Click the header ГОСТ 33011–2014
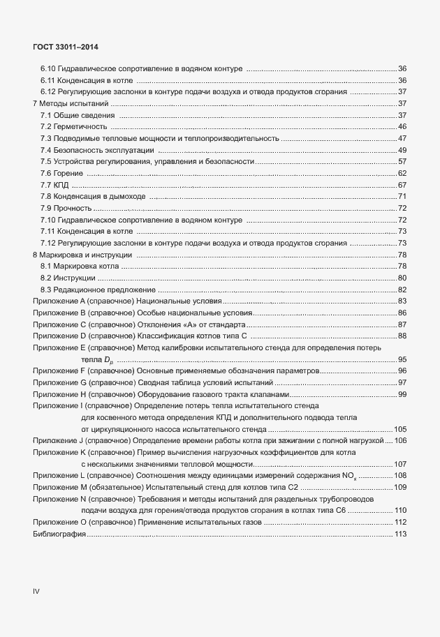[x=65, y=46]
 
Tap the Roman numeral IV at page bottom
[x=36, y=590]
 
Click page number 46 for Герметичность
[x=402, y=126]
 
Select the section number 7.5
[x=46, y=161]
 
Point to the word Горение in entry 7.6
[x=70, y=173]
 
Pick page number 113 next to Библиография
[x=400, y=534]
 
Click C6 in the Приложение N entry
[x=340, y=510]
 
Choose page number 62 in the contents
[x=402, y=173]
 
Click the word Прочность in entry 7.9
[x=73, y=208]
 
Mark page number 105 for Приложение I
[x=400, y=428]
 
